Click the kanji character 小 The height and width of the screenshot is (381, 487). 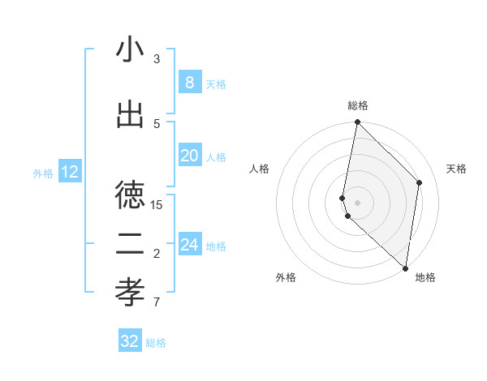coord(130,50)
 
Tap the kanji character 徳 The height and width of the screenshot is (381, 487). coord(130,195)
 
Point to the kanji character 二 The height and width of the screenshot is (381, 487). coord(130,242)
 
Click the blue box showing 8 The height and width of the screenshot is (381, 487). coord(189,83)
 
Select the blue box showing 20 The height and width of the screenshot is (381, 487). coord(189,156)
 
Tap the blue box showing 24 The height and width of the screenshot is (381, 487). coord(189,245)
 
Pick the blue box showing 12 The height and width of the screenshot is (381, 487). coord(69,172)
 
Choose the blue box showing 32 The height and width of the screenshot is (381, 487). coord(130,341)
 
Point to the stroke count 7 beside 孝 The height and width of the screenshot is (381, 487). coord(157,303)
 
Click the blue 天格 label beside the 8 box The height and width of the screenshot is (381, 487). coord(216,84)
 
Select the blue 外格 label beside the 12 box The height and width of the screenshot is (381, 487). coord(43,173)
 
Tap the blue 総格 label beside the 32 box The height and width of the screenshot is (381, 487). coord(156,343)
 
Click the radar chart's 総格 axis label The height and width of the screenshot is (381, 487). coord(358,105)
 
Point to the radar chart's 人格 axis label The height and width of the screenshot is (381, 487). coord(259,169)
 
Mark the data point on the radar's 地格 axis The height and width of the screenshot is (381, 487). coord(405,268)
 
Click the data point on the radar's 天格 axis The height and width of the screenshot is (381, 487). coord(420,182)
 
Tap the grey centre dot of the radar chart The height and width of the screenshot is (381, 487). coord(358,202)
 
